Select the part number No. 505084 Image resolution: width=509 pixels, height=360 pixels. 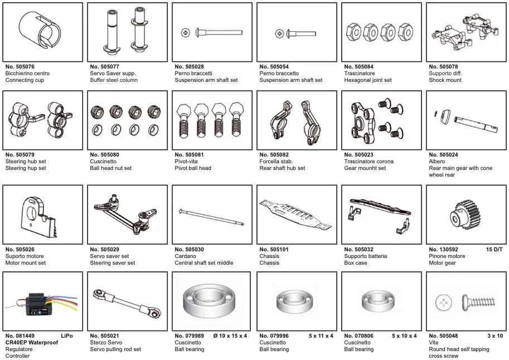tap(359, 67)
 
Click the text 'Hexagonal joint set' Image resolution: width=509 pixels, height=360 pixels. tap(367, 80)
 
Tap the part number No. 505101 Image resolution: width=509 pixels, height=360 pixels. tap(274, 250)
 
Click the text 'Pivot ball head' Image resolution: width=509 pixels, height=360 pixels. tap(193, 168)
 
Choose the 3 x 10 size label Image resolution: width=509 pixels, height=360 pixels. tap(495, 336)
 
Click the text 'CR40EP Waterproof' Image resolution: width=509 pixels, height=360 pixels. tap(32, 343)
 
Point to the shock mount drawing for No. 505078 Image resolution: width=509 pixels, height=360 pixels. tap(466, 31)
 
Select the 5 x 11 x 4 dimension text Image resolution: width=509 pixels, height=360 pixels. tap(321, 336)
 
